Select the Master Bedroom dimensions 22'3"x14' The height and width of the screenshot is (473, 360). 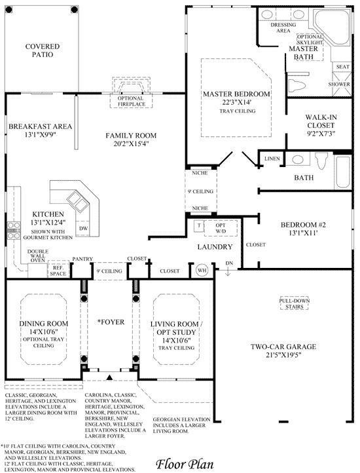[x=227, y=102]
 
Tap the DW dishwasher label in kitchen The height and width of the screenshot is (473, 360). [x=83, y=228]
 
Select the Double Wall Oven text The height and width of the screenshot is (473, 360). [x=37, y=254]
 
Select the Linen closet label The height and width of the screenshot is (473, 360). [x=272, y=159]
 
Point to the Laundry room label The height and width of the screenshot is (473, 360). [x=215, y=247]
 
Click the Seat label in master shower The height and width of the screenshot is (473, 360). [x=342, y=67]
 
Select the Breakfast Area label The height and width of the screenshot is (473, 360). [x=40, y=127]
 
